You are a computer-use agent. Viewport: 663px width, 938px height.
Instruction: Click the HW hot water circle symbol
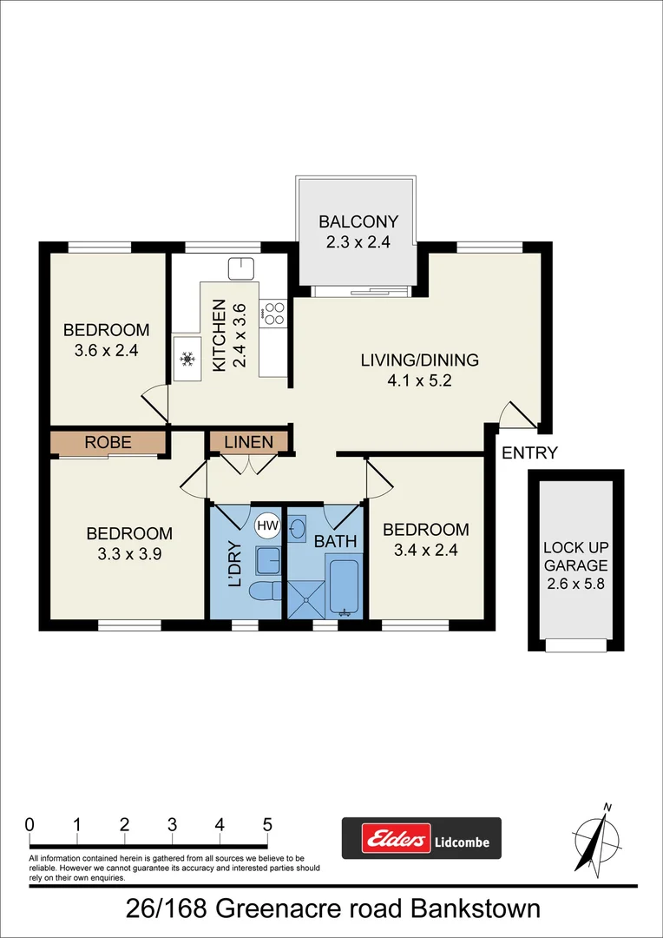click(x=266, y=525)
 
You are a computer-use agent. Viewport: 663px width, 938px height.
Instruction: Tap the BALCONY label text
click(x=358, y=221)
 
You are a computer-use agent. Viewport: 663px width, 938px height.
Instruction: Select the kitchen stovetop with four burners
click(x=274, y=313)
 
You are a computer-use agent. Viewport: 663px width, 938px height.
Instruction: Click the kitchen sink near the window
click(x=240, y=268)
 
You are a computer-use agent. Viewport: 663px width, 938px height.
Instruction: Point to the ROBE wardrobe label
click(x=108, y=442)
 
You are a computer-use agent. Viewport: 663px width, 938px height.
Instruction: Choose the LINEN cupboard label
click(x=248, y=442)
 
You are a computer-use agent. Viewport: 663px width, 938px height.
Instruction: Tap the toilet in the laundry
click(x=263, y=591)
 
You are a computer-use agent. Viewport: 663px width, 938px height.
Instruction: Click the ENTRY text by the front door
click(x=529, y=452)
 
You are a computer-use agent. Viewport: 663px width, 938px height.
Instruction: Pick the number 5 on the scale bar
click(x=267, y=824)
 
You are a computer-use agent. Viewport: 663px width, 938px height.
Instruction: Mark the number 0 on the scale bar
click(x=30, y=824)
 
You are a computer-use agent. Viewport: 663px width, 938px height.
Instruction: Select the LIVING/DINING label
click(x=420, y=360)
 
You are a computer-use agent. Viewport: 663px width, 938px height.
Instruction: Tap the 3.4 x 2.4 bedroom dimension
click(x=425, y=549)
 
